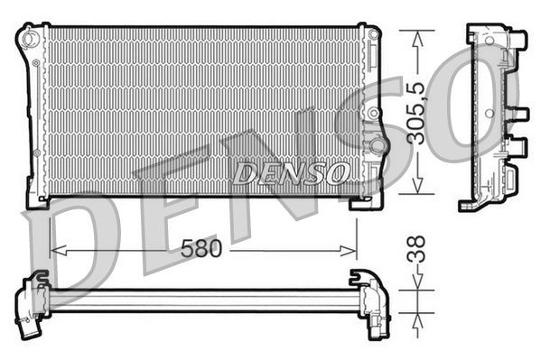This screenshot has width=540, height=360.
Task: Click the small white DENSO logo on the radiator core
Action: (x=290, y=171)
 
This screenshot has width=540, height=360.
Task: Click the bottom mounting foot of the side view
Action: (x=471, y=204)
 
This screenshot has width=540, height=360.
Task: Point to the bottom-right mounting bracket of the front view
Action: (x=367, y=201)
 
